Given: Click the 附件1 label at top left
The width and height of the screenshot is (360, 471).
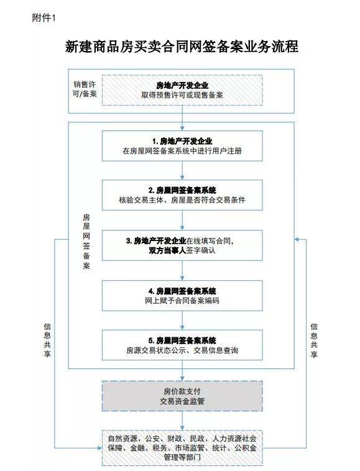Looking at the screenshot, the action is pyautogui.click(x=44, y=18).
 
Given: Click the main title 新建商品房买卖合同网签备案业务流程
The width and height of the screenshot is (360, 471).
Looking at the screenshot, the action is pyautogui.click(x=182, y=47).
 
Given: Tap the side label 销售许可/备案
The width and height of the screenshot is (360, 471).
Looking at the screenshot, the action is pyautogui.click(x=85, y=89).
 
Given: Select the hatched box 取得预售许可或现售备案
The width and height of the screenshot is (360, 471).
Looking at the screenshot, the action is pyautogui.click(x=182, y=90).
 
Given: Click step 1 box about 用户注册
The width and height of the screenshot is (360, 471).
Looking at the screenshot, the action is pyautogui.click(x=182, y=145).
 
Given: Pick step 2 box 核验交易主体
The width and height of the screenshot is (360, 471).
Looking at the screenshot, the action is pyautogui.click(x=182, y=195).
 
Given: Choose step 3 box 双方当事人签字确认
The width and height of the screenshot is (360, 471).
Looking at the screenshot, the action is pyautogui.click(x=182, y=245).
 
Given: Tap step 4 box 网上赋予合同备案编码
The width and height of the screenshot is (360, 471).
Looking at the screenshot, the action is pyautogui.click(x=182, y=296).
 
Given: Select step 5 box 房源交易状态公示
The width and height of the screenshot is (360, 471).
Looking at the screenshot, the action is pyautogui.click(x=182, y=345).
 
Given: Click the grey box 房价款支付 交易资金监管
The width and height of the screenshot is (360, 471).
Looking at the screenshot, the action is pyautogui.click(x=182, y=396).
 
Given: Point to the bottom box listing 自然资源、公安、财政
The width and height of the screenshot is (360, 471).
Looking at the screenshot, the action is pyautogui.click(x=182, y=448).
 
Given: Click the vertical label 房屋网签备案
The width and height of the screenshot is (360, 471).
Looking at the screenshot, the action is pyautogui.click(x=86, y=242).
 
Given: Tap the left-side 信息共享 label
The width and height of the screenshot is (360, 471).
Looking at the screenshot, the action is pyautogui.click(x=47, y=340).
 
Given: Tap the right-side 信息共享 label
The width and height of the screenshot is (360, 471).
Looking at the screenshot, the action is pyautogui.click(x=314, y=340).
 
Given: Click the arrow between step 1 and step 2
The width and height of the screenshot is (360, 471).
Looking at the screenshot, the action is pyautogui.click(x=182, y=170).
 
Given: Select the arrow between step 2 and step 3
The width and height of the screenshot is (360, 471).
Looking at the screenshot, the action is pyautogui.click(x=182, y=220).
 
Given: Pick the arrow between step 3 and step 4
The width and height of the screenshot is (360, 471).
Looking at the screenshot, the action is pyautogui.click(x=182, y=270).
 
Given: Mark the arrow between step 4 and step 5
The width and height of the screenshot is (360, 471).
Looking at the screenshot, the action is pyautogui.click(x=182, y=320).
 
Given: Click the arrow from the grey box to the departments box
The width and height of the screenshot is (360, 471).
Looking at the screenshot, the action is pyautogui.click(x=182, y=421).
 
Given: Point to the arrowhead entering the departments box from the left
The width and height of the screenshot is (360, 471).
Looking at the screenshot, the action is pyautogui.click(x=100, y=448).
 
